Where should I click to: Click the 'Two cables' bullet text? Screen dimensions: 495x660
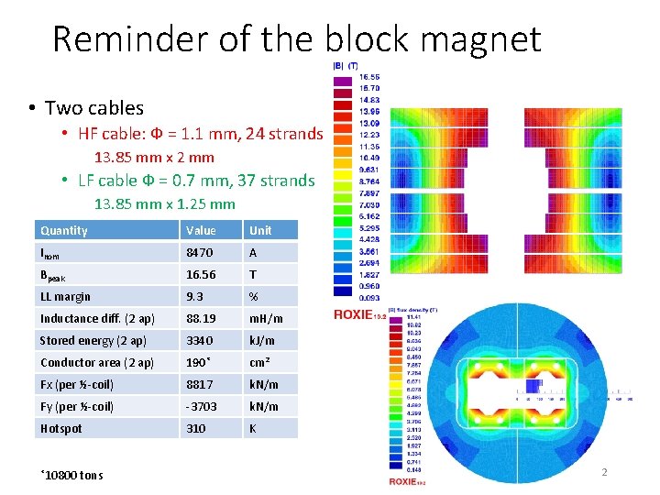tap(94, 108)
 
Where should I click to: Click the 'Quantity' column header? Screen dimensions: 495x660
tap(64, 230)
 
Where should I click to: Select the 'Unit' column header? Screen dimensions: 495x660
tap(260, 230)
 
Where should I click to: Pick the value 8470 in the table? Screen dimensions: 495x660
tap(199, 252)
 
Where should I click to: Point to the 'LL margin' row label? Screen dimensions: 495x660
tap(65, 296)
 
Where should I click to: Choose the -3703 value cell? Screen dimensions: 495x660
tap(201, 406)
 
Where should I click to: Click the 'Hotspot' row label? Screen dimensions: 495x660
tap(61, 428)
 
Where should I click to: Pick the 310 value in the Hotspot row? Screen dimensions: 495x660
tap(196, 428)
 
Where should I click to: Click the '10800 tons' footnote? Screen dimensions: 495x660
tap(73, 475)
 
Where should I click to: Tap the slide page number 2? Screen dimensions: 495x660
tap(604, 472)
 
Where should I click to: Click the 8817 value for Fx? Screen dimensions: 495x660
tap(200, 384)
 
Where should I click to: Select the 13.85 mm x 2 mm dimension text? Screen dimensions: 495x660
tap(155, 157)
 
